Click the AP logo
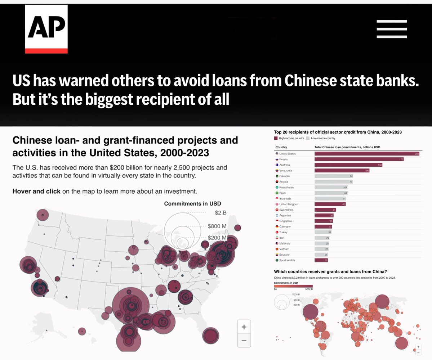[x=46, y=29]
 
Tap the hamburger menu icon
[x=392, y=29]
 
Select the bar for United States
[x=366, y=154]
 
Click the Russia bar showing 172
[x=359, y=159]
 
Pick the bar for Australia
[x=348, y=165]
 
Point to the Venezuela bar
[x=342, y=171]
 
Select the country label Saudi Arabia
[x=287, y=260]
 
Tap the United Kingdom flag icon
[x=277, y=204]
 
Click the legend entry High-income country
[x=291, y=138]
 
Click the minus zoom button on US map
[x=244, y=341]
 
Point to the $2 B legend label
[x=221, y=213]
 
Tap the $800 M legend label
[x=217, y=226]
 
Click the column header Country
[x=281, y=147]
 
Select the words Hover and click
[x=36, y=191]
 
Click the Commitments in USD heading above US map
[x=192, y=204]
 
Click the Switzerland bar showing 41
[x=325, y=210]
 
